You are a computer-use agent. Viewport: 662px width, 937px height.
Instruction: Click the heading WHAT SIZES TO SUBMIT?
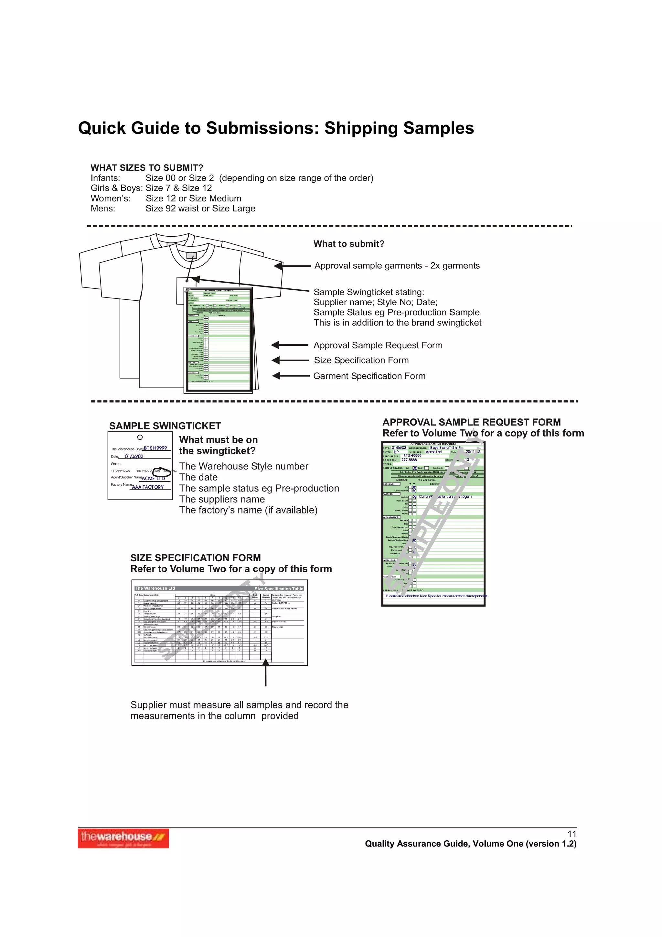coord(147,168)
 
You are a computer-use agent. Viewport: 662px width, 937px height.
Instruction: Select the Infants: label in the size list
coord(105,178)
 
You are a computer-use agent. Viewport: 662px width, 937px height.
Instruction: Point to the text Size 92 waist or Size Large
coord(200,209)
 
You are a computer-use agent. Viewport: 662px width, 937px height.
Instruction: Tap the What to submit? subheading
coord(349,244)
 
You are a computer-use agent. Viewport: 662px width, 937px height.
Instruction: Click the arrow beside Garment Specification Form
coord(290,376)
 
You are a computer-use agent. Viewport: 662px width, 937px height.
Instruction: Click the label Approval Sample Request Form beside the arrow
coord(378,345)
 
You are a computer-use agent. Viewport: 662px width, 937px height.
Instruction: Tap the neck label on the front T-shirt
coord(191,256)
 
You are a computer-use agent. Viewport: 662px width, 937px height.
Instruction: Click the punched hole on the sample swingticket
coord(140,437)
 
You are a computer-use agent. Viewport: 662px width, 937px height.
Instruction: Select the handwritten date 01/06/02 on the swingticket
coord(134,457)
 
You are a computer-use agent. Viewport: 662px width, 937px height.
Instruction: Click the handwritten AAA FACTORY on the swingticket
coord(148,487)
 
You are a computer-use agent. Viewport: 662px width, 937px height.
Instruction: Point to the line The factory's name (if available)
coord(248,510)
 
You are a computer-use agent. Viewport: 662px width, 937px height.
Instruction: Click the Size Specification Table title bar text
coord(279,588)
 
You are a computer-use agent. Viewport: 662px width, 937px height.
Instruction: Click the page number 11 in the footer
coord(572,834)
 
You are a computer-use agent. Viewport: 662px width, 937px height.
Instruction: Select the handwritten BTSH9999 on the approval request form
coord(412,456)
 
